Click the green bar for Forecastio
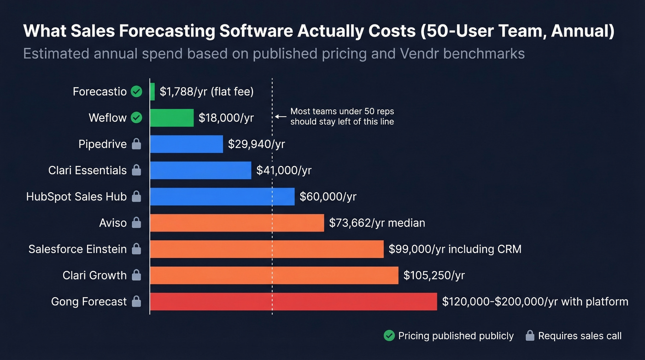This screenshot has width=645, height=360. (152, 92)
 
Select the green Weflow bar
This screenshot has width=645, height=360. (172, 118)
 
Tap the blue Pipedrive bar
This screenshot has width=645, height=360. (187, 144)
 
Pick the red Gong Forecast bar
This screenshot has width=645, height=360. (293, 301)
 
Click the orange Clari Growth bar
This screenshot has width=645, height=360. (274, 275)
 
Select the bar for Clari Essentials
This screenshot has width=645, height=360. (201, 170)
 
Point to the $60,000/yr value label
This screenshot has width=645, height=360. (328, 197)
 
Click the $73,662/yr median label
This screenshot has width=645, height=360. (377, 223)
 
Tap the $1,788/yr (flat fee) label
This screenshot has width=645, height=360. (206, 92)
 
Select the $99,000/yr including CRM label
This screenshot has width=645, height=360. (455, 249)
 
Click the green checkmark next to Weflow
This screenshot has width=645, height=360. (136, 118)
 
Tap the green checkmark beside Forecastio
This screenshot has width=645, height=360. (136, 92)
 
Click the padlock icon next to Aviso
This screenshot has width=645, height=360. (136, 223)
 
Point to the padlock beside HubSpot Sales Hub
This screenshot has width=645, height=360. (136, 197)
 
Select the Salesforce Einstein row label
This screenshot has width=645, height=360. (77, 249)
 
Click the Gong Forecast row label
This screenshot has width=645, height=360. (89, 301)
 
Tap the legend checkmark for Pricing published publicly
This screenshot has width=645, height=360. (389, 336)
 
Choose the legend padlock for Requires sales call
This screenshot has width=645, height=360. (530, 336)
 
